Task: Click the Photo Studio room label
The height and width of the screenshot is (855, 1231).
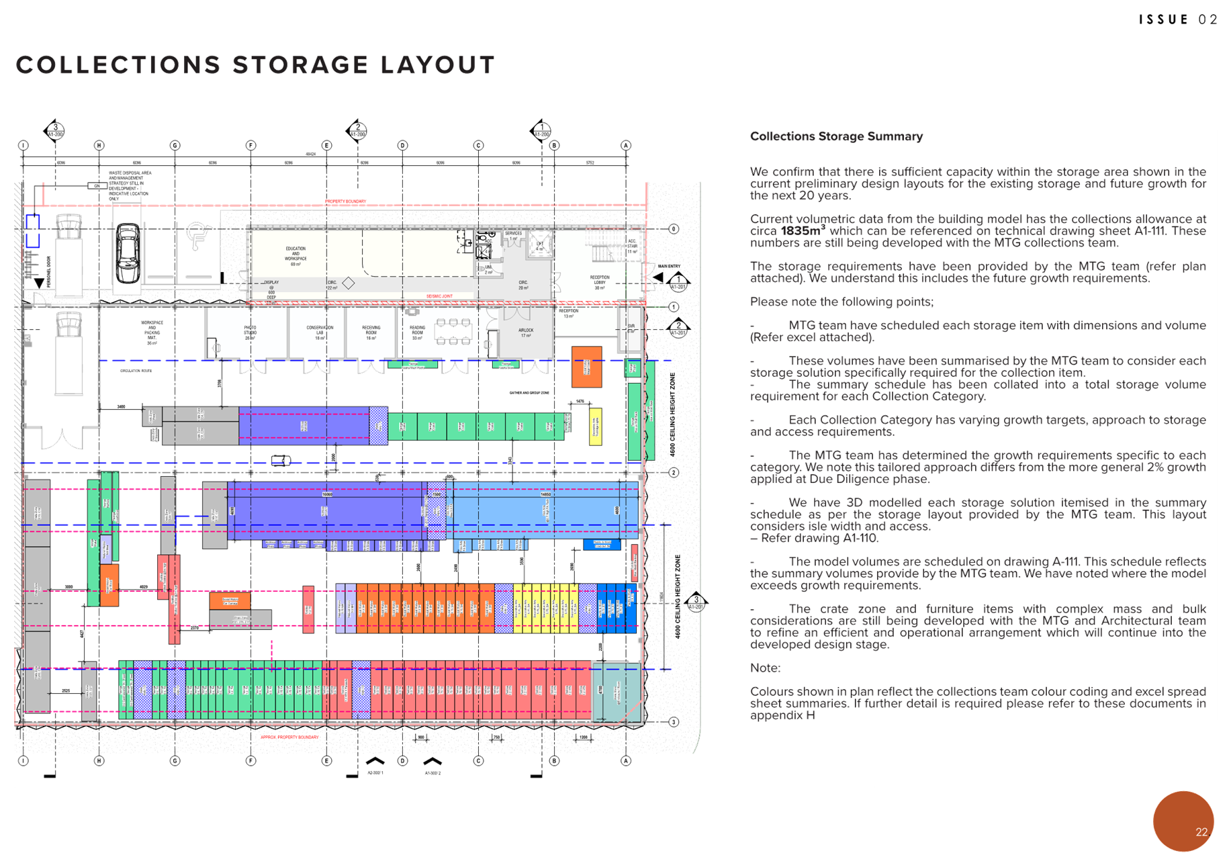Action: [250, 332]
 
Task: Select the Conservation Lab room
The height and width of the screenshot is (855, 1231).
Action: [320, 332]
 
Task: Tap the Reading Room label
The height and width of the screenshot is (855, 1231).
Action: [418, 332]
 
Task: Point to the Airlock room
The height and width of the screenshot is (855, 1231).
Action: [526, 332]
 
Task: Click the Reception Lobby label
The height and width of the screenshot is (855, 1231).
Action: [600, 282]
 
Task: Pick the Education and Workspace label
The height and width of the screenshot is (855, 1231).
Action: [295, 256]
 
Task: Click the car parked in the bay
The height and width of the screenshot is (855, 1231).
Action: [128, 253]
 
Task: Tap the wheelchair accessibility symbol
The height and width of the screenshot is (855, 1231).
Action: [197, 236]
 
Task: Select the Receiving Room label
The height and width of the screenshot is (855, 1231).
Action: [371, 332]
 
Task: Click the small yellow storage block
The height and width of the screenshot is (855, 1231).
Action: [595, 426]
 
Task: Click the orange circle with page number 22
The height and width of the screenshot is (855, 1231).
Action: [1183, 821]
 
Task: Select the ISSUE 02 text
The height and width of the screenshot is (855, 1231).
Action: [1178, 19]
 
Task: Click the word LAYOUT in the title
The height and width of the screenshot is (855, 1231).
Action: [438, 65]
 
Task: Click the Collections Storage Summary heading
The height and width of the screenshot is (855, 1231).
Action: [836, 136]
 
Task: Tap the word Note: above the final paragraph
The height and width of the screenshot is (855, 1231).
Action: [765, 668]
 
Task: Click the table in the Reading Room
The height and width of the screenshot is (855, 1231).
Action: [453, 332]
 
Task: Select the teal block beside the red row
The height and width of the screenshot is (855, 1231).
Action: [616, 690]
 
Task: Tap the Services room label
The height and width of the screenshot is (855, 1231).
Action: [514, 236]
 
